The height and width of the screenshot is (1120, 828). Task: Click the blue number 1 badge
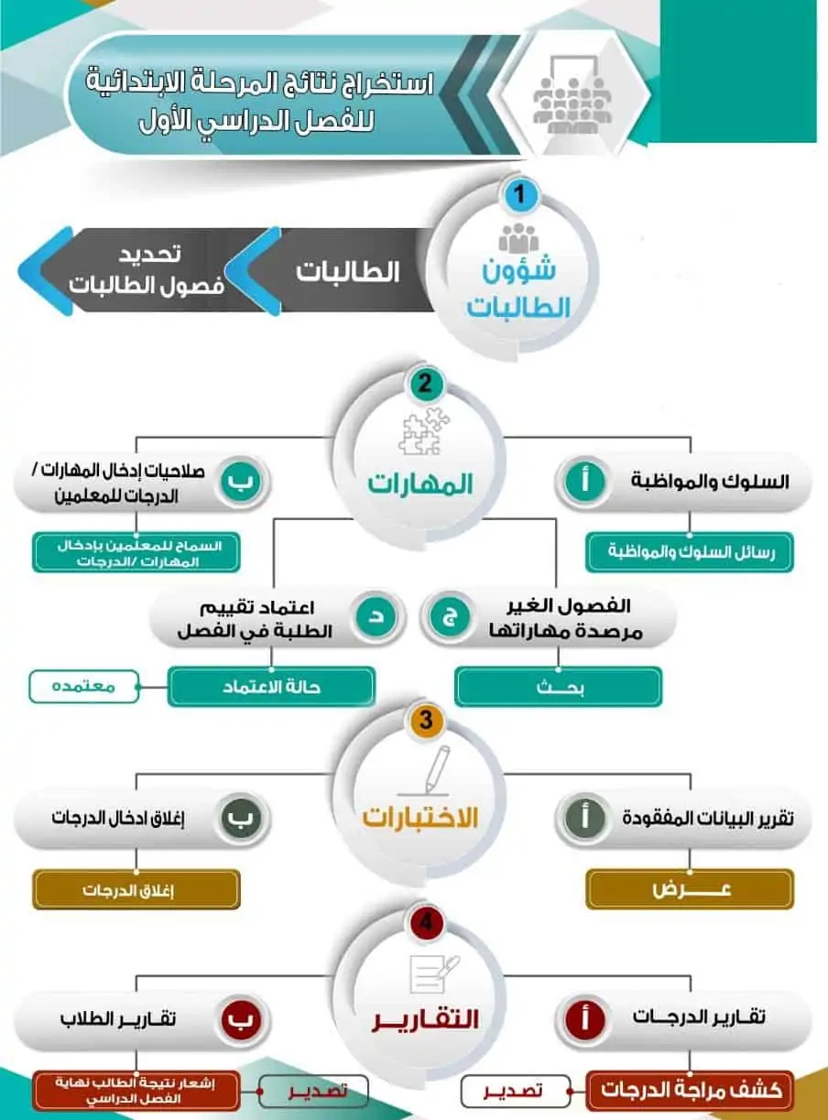(x=519, y=194)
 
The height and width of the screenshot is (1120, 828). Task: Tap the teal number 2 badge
(x=425, y=384)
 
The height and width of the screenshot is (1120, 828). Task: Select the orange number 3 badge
(x=426, y=720)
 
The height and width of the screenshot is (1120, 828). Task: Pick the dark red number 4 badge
(x=426, y=922)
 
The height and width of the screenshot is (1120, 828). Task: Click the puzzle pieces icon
(x=424, y=431)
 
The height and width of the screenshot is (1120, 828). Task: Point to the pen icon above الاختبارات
(x=430, y=771)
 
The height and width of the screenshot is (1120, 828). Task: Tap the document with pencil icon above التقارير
(x=433, y=973)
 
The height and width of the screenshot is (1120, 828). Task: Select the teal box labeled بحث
(x=558, y=687)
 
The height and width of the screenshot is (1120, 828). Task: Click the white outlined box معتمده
(x=84, y=686)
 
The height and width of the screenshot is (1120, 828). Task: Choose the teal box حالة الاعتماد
(x=271, y=687)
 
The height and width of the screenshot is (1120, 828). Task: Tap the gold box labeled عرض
(x=690, y=889)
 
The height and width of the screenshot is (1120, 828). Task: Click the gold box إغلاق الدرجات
(x=136, y=889)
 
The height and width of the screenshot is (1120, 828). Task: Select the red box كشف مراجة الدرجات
(x=690, y=1090)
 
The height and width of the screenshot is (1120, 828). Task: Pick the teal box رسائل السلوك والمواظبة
(x=690, y=552)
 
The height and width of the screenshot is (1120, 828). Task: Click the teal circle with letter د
(x=376, y=617)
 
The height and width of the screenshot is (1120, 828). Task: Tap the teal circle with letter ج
(x=450, y=617)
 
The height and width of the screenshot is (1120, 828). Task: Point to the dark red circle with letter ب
(x=241, y=1018)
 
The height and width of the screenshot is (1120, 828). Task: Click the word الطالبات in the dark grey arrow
(x=347, y=272)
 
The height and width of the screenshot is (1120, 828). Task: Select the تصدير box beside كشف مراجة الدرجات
(x=516, y=1091)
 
